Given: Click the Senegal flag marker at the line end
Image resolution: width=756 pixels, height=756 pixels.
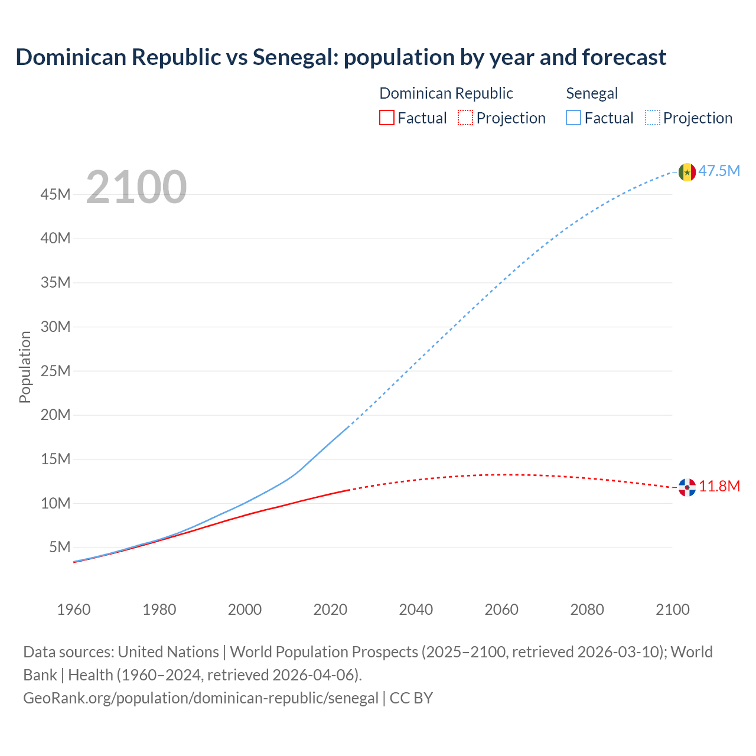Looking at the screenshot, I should (x=686, y=172).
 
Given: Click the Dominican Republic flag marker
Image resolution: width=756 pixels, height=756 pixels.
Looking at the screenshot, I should (x=686, y=487).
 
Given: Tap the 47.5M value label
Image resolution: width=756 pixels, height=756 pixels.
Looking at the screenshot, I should (x=719, y=171).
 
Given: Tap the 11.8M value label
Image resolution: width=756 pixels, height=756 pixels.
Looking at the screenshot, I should (x=719, y=487).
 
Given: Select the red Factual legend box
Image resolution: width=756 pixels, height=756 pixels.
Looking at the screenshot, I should (x=386, y=118).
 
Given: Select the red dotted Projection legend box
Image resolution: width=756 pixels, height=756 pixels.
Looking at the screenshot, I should (x=465, y=118).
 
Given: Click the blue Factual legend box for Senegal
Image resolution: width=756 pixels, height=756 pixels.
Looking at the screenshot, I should (x=573, y=118).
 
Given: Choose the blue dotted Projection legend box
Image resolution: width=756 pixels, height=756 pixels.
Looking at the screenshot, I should (x=652, y=118).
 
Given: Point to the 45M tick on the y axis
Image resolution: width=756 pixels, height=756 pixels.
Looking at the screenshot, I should (x=56, y=194).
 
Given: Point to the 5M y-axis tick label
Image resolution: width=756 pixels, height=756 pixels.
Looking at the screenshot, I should (x=60, y=547).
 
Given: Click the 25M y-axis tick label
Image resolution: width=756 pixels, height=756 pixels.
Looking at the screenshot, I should (x=56, y=371).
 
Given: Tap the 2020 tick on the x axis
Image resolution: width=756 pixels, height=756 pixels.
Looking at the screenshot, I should (x=330, y=610).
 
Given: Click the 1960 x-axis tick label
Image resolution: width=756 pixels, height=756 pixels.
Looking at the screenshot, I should (x=74, y=610).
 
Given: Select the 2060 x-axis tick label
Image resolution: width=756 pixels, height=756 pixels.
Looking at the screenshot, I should (x=501, y=610).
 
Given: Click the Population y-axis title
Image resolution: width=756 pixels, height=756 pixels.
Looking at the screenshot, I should (x=25, y=367).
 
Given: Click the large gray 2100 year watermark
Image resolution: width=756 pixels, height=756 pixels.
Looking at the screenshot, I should (x=136, y=187).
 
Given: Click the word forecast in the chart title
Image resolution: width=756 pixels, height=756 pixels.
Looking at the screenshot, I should (x=624, y=57).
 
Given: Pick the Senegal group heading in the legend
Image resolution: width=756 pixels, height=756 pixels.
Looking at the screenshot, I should (x=591, y=93).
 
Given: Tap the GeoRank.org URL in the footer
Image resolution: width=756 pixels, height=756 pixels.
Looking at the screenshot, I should (x=201, y=698).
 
